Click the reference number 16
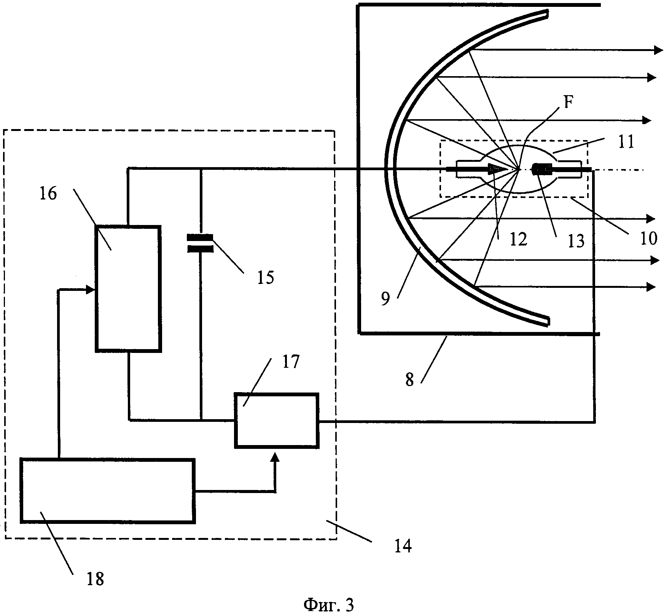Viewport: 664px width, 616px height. pos(48,194)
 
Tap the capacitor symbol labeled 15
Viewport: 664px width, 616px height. pos(200,243)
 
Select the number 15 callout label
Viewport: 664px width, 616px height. pos(265,278)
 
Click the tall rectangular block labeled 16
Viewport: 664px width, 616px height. pos(128,288)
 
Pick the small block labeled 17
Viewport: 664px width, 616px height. pos(276,420)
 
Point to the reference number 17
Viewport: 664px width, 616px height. pos(291,362)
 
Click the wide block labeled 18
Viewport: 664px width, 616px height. pos(108,491)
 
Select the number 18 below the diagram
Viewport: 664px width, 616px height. pos(95,579)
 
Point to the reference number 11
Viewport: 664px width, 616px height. pos(626,142)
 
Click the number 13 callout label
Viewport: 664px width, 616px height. pos(576,241)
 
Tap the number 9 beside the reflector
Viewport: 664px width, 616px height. pos(385,299)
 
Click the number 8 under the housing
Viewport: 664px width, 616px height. pos(409,380)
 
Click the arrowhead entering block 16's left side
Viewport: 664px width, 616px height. pos(90,290)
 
